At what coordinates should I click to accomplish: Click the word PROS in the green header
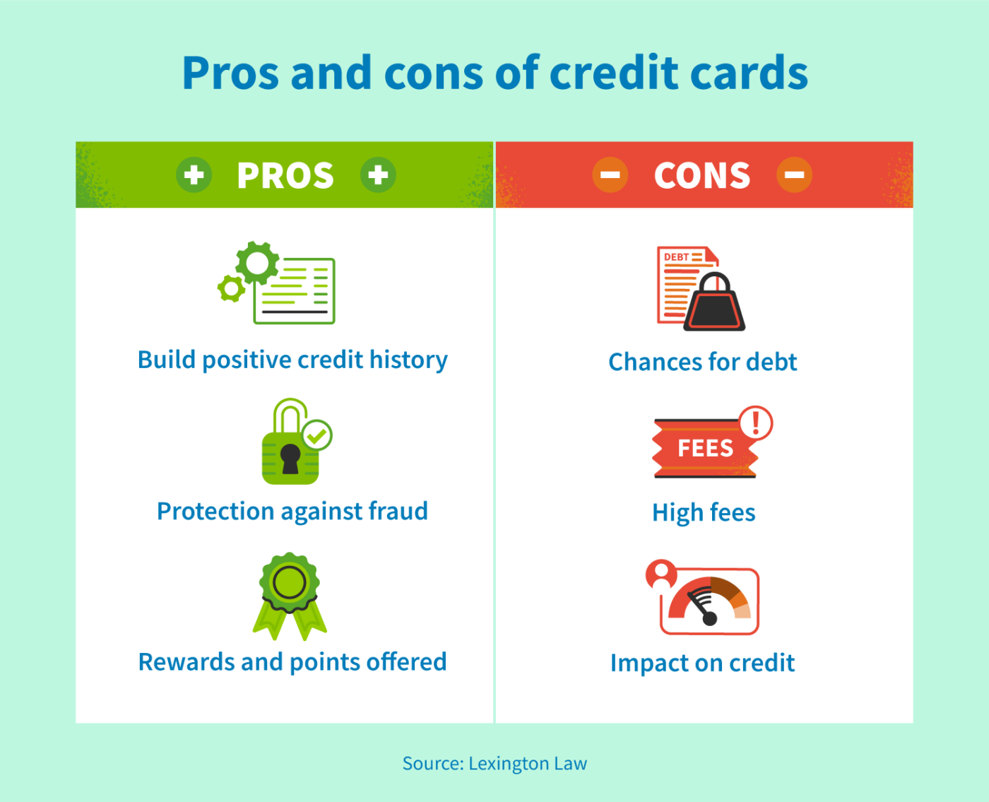coord(285,175)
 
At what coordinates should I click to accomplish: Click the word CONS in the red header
coord(701,175)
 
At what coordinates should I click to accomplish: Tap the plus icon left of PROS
coord(194,175)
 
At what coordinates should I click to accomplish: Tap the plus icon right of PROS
coord(378,175)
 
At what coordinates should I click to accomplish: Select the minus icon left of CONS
coord(610,175)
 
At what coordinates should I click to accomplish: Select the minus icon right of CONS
coord(794,175)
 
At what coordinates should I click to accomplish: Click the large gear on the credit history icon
coord(257,263)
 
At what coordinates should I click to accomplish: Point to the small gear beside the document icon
coord(231,288)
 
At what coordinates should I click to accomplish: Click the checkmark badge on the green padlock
coord(317,435)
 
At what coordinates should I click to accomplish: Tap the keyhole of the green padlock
coord(290,458)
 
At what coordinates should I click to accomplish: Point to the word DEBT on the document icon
coord(676,257)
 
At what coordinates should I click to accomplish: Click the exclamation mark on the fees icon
coord(756,423)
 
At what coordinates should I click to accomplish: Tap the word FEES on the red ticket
coord(705,448)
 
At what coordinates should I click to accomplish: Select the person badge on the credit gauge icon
coord(662,574)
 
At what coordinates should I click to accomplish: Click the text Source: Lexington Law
coord(494,763)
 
